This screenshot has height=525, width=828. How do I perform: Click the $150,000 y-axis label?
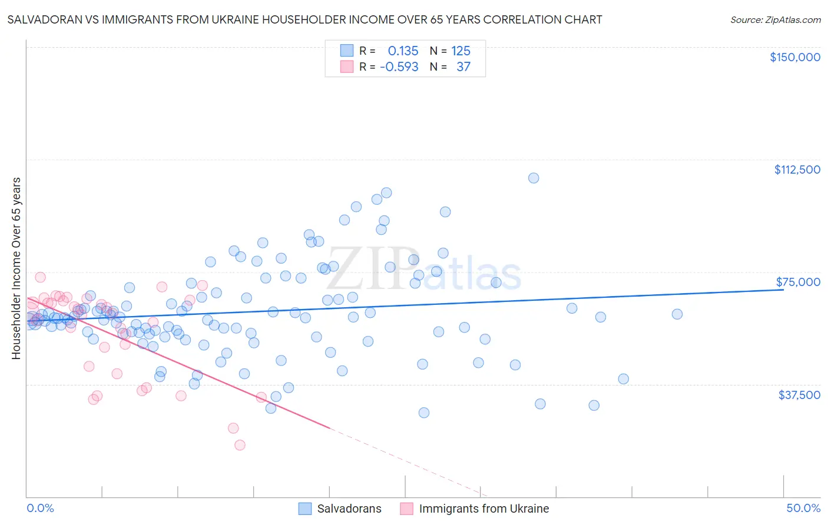pos(794,57)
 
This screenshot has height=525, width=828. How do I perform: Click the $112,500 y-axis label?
pos(797,170)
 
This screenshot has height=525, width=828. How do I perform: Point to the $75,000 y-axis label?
pos(798,282)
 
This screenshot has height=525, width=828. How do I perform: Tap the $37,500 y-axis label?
pos(799,395)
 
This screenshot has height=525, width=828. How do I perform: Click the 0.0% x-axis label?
pos(40,509)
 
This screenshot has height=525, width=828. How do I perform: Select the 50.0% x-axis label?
pos(803,509)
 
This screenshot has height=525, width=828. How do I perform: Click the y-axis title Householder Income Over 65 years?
pos(16,268)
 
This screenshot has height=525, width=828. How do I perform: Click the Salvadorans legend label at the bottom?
pos(349,509)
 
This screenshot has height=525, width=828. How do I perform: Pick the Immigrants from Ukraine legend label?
pos(483,509)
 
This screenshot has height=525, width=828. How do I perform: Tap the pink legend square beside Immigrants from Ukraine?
pos(406,509)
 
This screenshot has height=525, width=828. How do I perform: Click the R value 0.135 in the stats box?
pos(403,51)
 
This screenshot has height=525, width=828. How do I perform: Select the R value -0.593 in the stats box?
pos(399,67)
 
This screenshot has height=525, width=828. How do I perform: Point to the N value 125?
pos(461,51)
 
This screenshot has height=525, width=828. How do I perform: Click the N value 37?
pos(463,67)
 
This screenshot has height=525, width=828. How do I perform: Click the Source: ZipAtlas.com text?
pos(775,20)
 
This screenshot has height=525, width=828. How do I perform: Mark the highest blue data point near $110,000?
pos(534,178)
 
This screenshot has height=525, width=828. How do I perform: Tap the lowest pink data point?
pos(240,445)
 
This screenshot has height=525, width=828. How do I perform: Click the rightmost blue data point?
pos(677,314)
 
